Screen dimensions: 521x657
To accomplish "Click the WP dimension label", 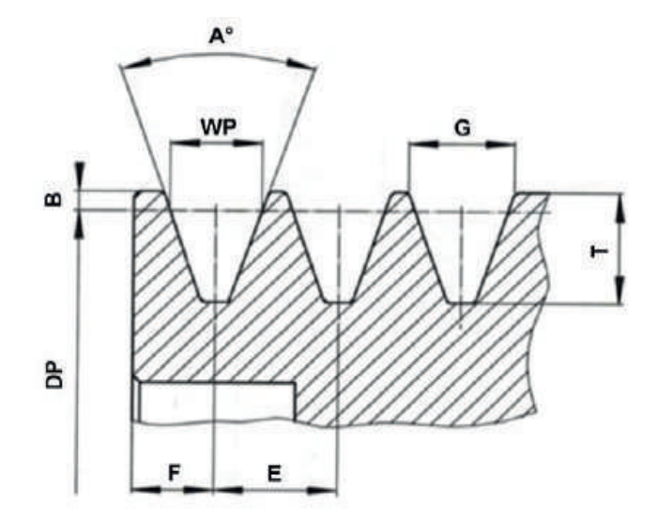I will click(217, 125).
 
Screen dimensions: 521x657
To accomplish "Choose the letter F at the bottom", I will click(175, 474).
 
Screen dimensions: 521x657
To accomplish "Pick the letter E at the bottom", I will click(274, 474).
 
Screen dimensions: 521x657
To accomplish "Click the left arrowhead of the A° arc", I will click(135, 66).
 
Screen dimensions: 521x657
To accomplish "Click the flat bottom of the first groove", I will click(216, 300).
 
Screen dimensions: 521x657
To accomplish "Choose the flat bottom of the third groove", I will click(462, 301).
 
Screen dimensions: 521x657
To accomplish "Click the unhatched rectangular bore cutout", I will click(217, 402).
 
